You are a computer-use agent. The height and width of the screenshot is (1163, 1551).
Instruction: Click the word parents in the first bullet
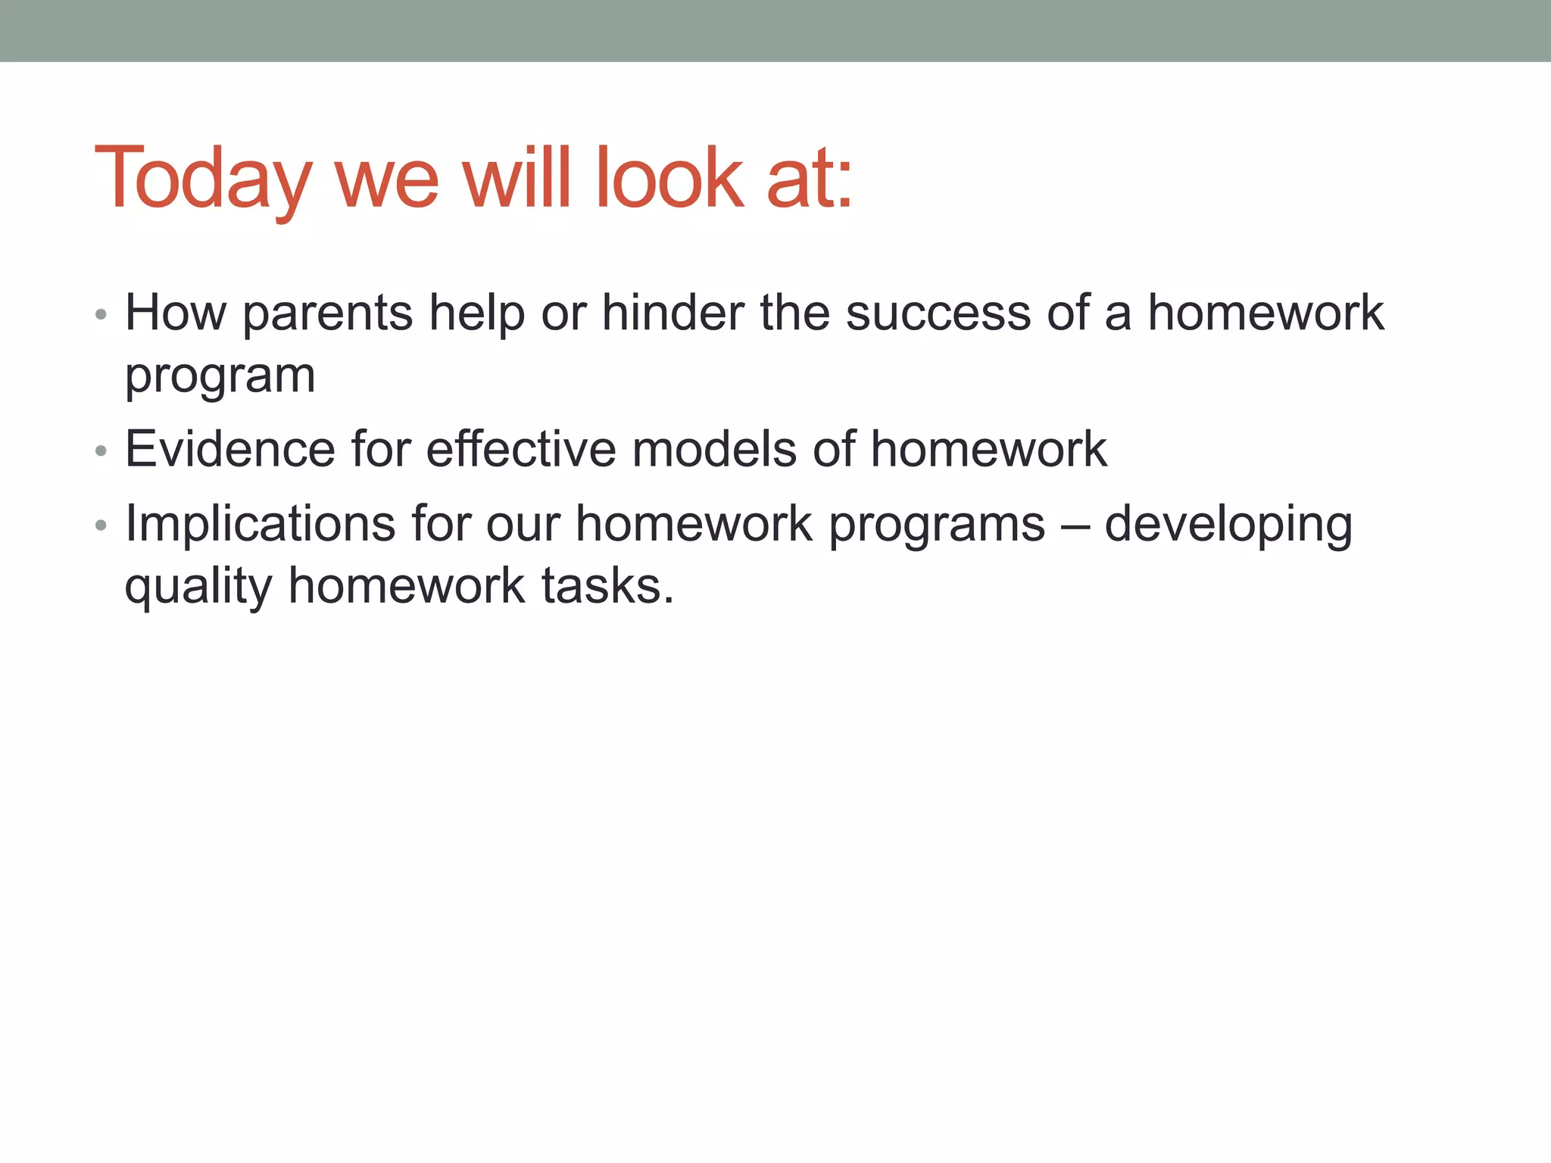coord(327,313)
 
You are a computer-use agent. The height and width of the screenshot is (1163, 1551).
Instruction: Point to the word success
coord(938,313)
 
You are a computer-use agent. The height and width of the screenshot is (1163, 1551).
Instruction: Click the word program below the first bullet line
coord(220,376)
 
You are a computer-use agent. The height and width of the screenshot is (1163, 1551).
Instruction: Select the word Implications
coord(260,524)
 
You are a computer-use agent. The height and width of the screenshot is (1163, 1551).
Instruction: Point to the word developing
coord(1228,524)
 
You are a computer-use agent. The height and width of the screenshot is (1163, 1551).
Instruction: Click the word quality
coord(198,587)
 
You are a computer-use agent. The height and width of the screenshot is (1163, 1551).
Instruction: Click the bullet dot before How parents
coord(101,314)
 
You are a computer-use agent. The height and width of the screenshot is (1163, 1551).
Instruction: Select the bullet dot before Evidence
coord(101,451)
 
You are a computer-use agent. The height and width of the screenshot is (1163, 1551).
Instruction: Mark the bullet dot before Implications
coord(101,525)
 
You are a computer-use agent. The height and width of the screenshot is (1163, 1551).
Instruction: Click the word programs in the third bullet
coord(937,524)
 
